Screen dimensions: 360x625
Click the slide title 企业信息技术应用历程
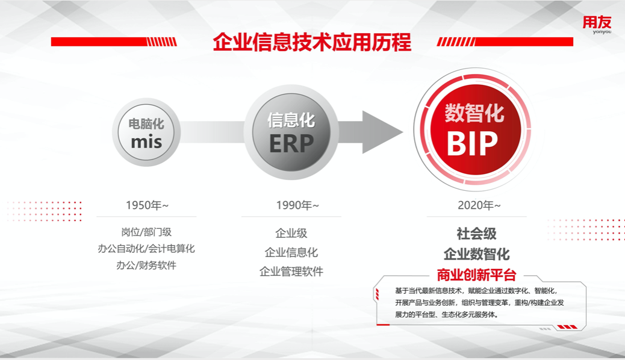[x=312, y=42]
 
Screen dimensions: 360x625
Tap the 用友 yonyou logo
[x=596, y=25]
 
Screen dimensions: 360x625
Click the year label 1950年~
[x=146, y=205]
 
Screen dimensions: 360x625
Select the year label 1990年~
[x=297, y=206]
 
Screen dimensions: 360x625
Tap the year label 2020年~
[x=479, y=206]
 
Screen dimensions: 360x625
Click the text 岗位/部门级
[x=146, y=232]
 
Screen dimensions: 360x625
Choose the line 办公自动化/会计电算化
[x=146, y=249]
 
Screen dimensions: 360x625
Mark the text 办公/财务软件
[x=146, y=265]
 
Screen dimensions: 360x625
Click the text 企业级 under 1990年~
[x=291, y=234]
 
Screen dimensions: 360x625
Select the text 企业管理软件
[x=291, y=272]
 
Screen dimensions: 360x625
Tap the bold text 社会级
[x=476, y=234]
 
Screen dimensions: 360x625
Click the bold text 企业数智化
[x=476, y=253]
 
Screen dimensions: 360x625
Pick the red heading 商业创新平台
[x=476, y=275]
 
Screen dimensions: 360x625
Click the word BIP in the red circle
[x=473, y=144]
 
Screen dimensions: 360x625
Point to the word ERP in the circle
[x=291, y=144]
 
